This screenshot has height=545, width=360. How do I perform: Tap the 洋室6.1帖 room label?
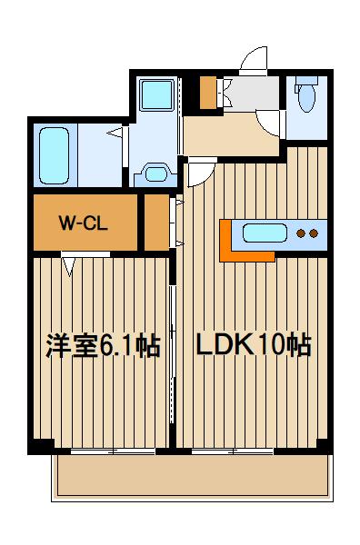coord(103,345)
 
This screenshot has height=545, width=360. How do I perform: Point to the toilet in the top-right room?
coord(306,97)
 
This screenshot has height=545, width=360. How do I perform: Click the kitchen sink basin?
coord(265,233)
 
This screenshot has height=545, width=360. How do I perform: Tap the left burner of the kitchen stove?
coord(301,233)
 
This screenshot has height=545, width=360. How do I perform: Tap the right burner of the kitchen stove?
coord(314,233)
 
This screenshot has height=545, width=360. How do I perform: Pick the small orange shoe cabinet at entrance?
coord(208,93)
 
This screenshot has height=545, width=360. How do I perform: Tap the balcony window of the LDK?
coord(232,451)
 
